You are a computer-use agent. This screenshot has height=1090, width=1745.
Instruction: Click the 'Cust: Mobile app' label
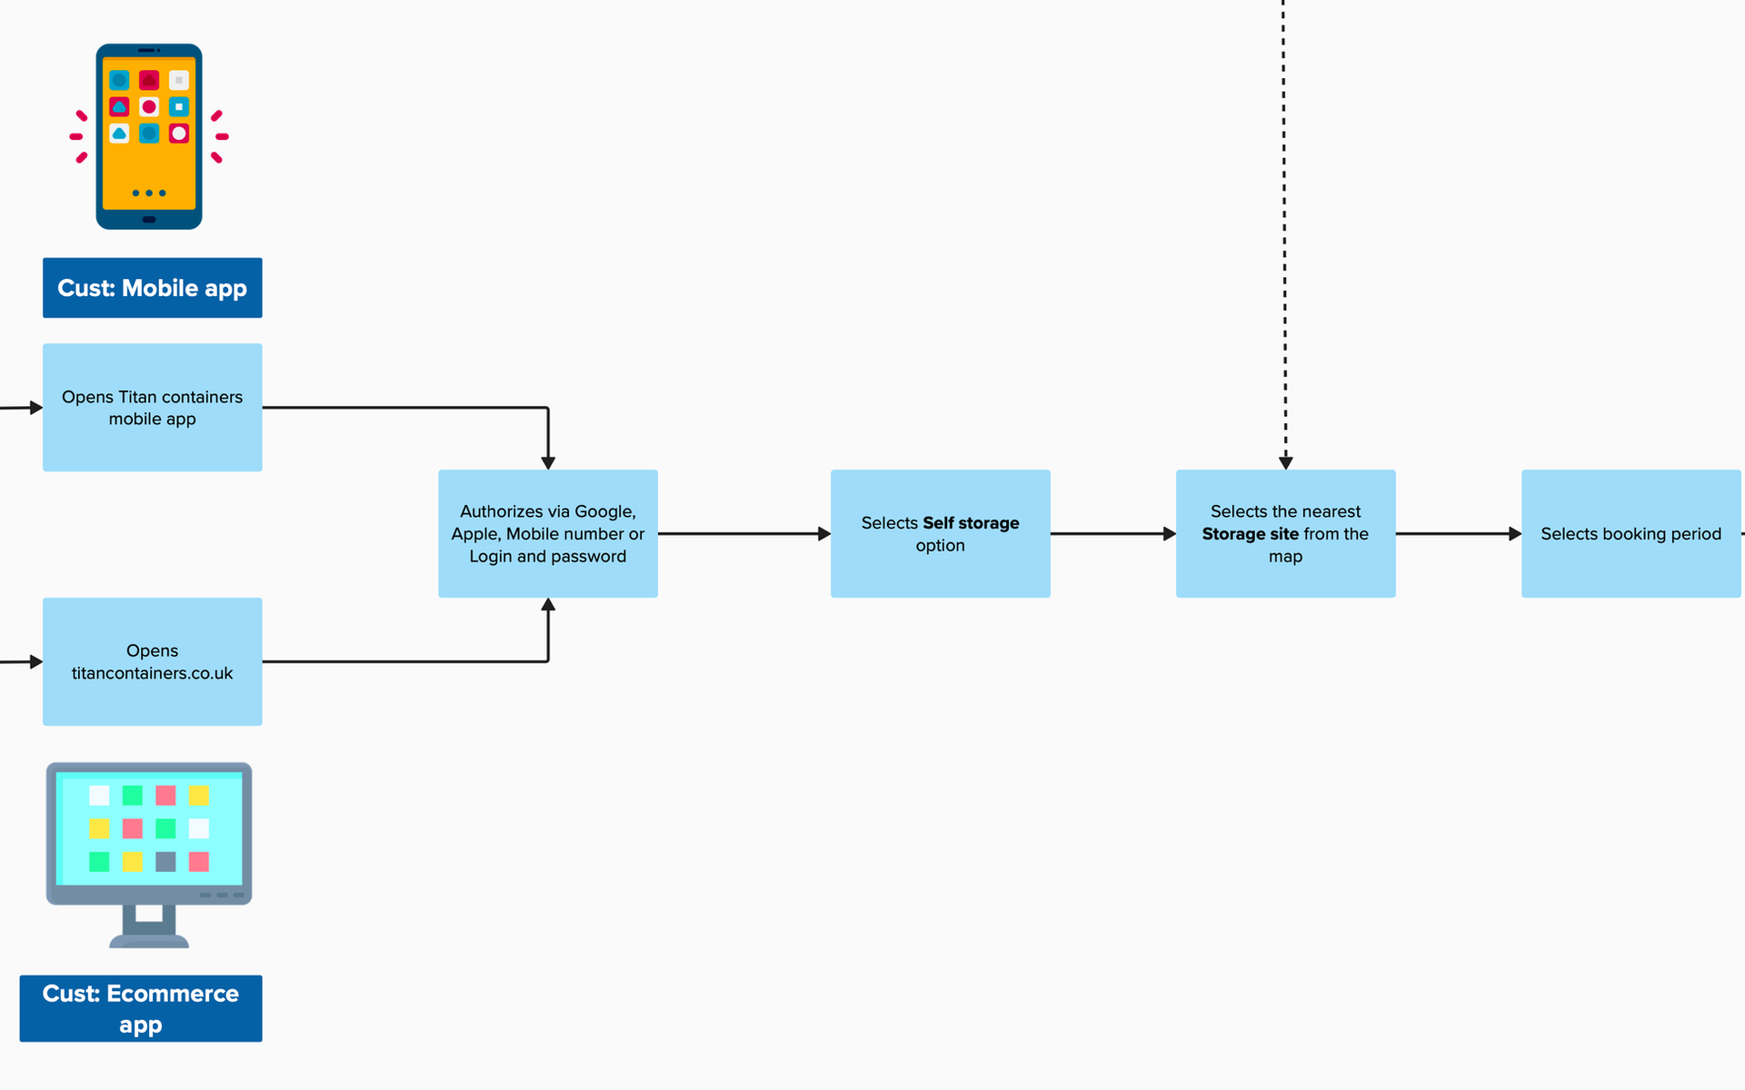[x=152, y=288]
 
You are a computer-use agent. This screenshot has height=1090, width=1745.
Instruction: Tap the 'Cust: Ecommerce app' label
[x=141, y=1008]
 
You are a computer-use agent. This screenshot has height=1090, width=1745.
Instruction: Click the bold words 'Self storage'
[x=971, y=523]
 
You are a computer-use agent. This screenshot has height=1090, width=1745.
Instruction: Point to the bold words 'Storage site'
[x=1250, y=534]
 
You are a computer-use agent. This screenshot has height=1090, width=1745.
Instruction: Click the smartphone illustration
[x=149, y=136]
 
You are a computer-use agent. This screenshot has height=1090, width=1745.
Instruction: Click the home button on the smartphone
[x=149, y=219]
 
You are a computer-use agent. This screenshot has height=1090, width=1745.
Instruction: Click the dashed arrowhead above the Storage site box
[x=1285, y=462]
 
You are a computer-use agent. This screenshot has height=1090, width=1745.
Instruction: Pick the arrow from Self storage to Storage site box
[x=1112, y=534]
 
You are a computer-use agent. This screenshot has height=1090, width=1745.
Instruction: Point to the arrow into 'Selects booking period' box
[x=1458, y=534]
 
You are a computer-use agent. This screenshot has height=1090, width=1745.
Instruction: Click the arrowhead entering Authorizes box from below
[x=548, y=605]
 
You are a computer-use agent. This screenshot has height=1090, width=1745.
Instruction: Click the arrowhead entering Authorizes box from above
[x=548, y=462]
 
